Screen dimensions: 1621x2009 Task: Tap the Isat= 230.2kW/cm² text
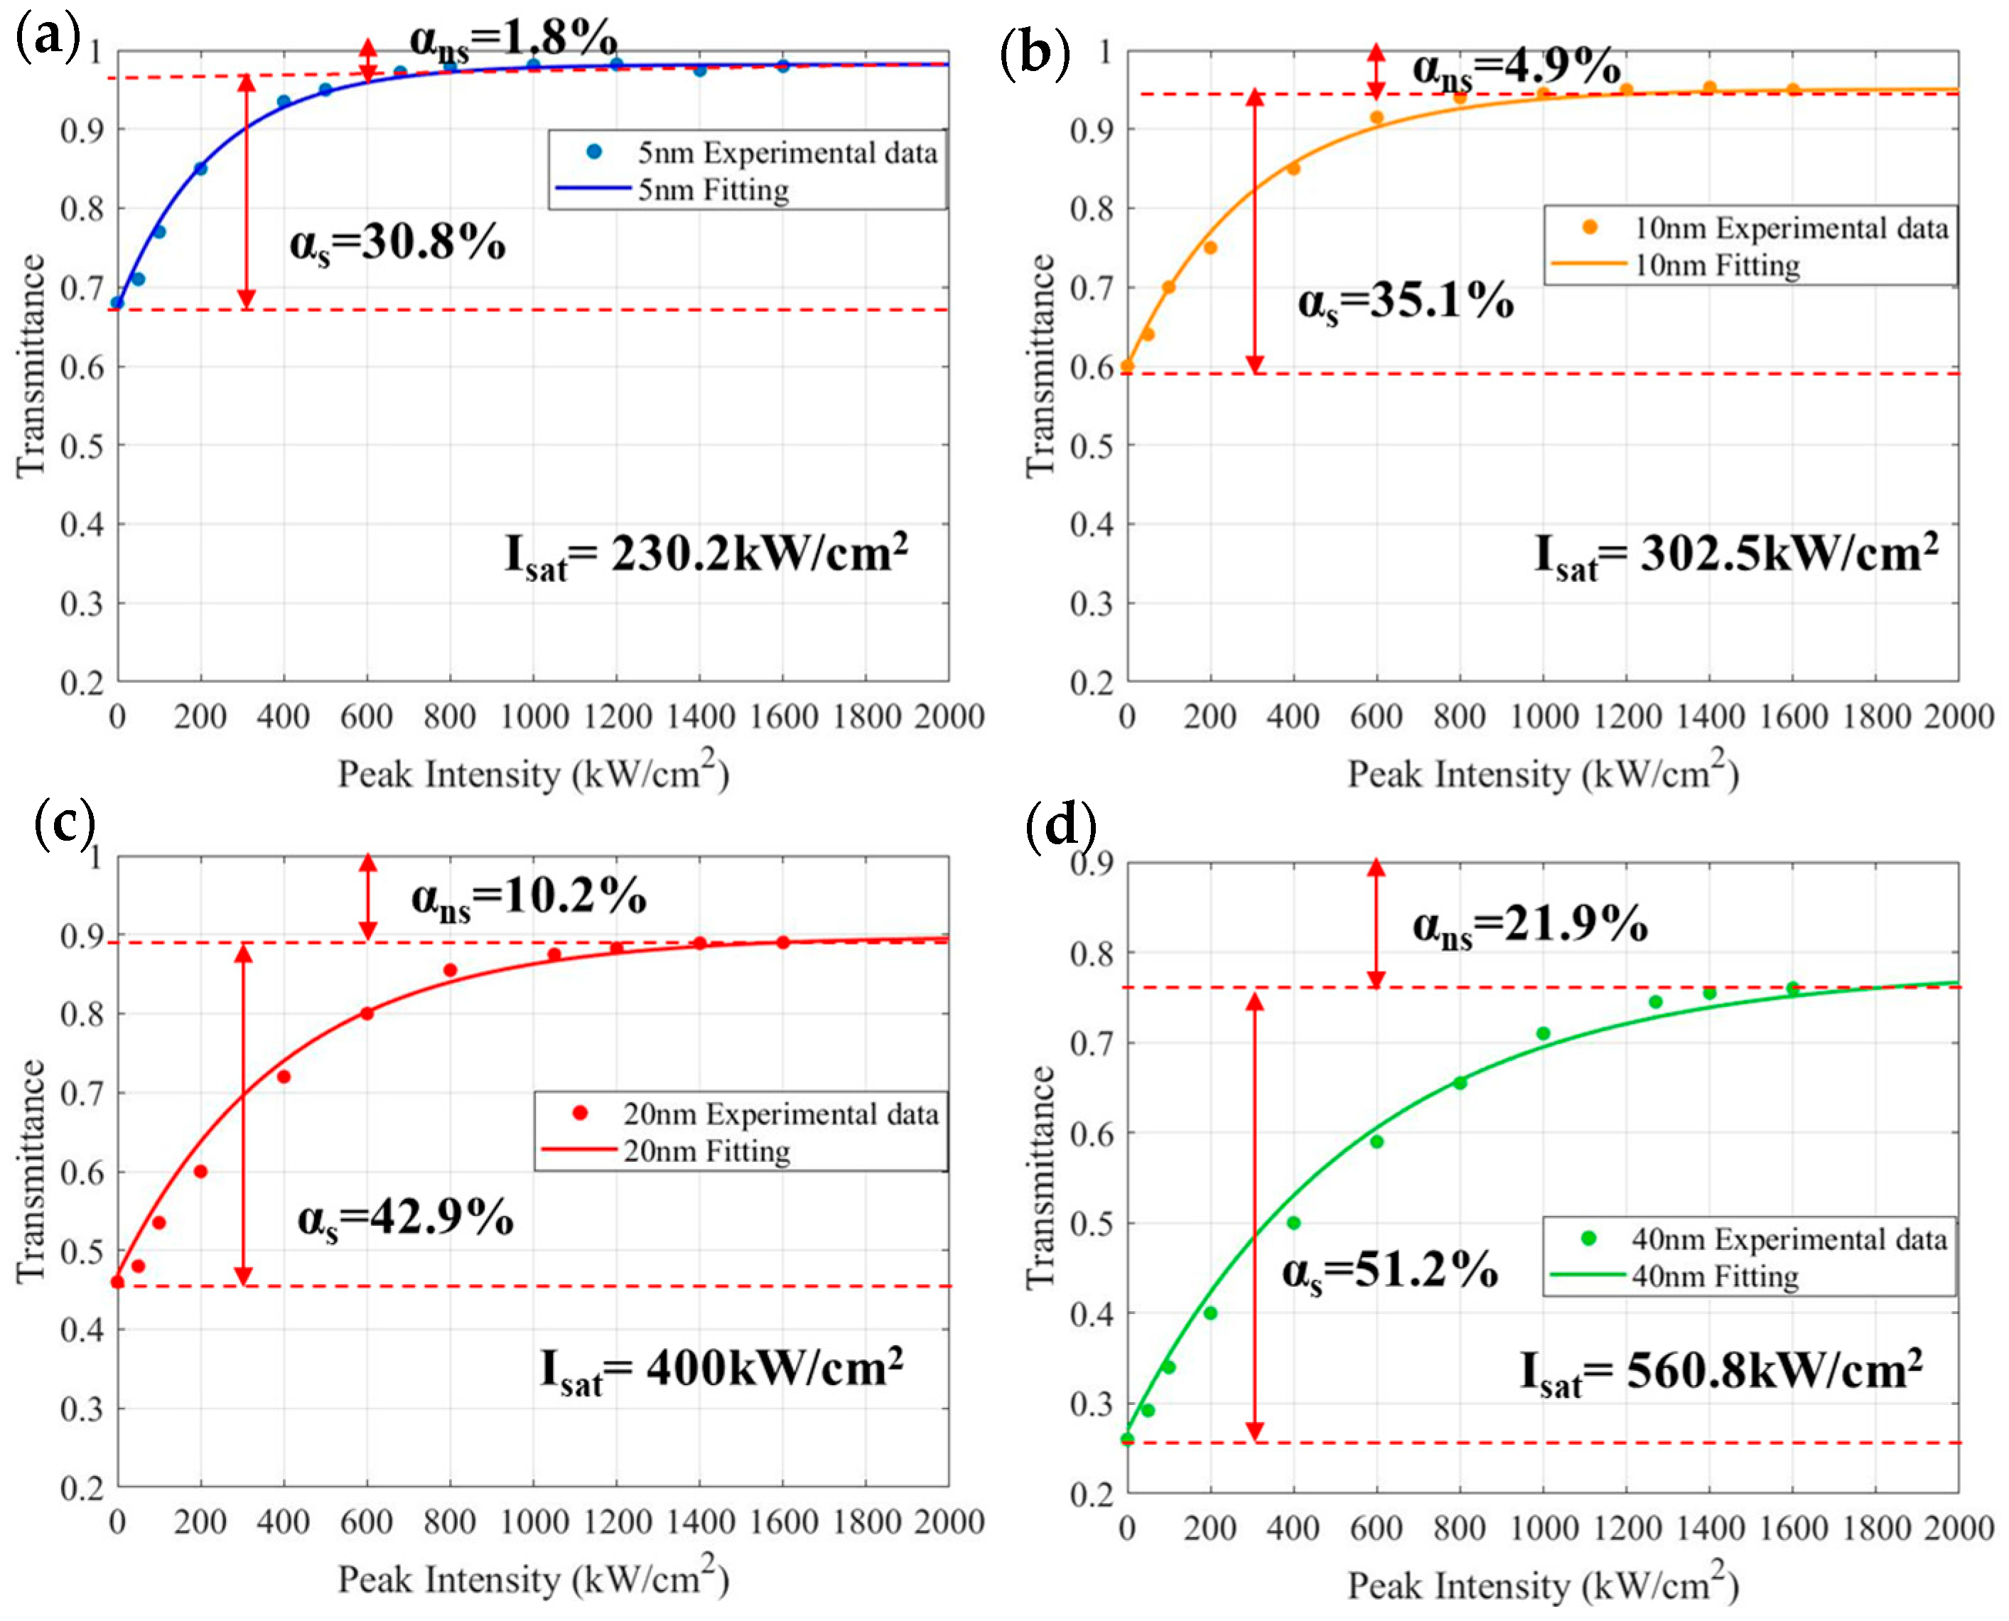tap(706, 556)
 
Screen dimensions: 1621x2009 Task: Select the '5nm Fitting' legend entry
tap(713, 190)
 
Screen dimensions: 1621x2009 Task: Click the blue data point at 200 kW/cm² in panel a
tap(200, 169)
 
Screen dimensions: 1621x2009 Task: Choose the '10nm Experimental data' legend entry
tap(1789, 229)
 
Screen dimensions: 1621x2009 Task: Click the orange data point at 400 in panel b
tap(1293, 169)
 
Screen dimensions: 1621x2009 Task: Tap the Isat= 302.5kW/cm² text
tap(1736, 556)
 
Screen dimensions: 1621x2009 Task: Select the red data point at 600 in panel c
tap(367, 1014)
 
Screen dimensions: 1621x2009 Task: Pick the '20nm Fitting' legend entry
tap(706, 1151)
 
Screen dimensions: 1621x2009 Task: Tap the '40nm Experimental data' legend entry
tap(1788, 1239)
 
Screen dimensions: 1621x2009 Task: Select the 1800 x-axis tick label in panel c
tap(866, 1523)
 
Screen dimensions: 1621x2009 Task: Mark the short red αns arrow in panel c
tap(368, 896)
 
